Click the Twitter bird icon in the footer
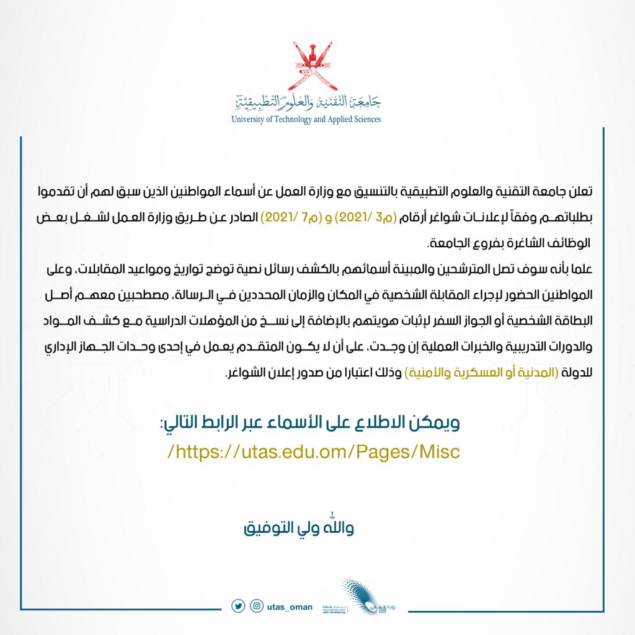point(238,605)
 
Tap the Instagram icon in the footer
point(256,605)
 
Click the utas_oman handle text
point(289,606)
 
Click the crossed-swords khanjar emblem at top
point(306,64)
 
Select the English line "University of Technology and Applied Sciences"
point(306,119)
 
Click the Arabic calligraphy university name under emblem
point(306,102)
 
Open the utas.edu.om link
point(314,451)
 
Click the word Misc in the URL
point(437,451)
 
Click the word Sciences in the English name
point(362,119)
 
